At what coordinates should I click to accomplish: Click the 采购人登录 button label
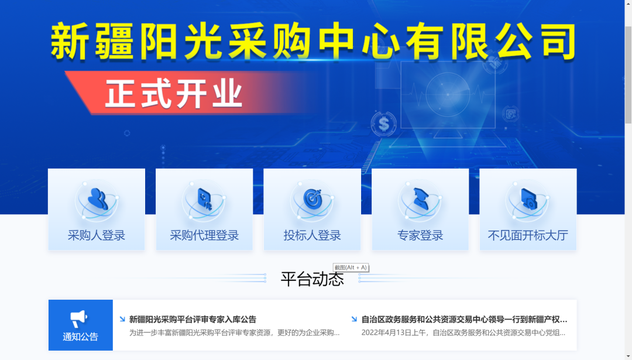(97, 235)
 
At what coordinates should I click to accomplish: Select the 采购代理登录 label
(204, 235)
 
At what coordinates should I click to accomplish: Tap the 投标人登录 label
(312, 235)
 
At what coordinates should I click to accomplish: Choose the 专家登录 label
(420, 235)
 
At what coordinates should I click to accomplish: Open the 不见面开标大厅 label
(528, 235)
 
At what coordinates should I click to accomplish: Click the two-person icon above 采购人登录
(98, 199)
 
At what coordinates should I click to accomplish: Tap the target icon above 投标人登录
(313, 199)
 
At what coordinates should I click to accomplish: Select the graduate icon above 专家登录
(420, 199)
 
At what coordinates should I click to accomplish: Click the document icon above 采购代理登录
(205, 199)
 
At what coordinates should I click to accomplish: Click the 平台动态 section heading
(312, 279)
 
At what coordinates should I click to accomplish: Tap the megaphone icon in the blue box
(78, 318)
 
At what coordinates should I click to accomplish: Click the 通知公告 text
(81, 337)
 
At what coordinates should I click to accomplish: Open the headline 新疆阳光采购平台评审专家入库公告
(193, 320)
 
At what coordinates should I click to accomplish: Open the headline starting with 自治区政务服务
(464, 320)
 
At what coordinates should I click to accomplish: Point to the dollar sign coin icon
(384, 124)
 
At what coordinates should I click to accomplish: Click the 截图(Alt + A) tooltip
(351, 268)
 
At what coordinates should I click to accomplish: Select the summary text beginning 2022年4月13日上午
(463, 332)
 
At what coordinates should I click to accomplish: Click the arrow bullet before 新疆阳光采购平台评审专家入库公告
(122, 319)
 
